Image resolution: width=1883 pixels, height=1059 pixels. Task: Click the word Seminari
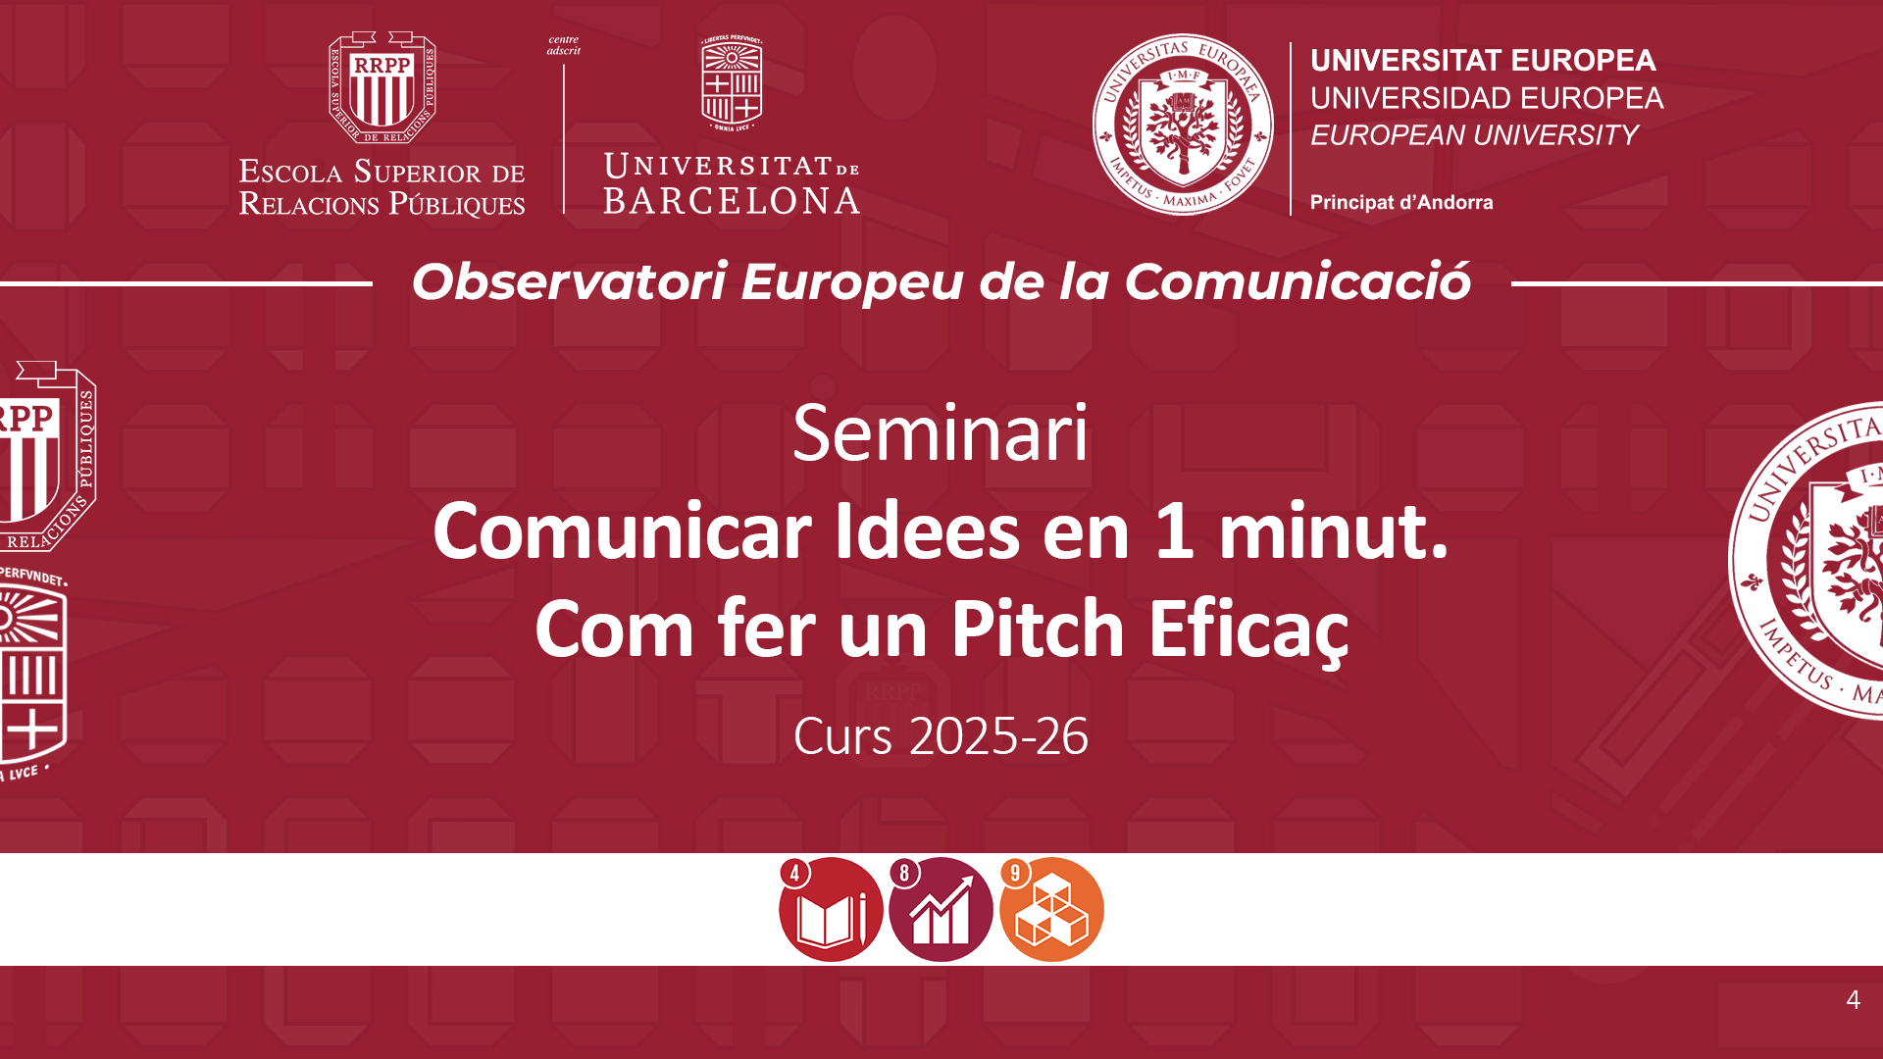941,433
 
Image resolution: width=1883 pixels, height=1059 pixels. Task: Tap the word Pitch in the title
1038,629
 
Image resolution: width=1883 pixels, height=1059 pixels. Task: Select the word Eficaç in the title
1248,632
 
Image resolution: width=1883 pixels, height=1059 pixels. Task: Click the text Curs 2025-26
941,736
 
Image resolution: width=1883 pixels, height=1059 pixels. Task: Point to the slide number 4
1853,1000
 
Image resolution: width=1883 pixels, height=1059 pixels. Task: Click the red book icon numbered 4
830,909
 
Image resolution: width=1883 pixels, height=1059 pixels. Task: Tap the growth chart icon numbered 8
941,909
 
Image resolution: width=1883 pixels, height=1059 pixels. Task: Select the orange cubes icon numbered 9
1051,909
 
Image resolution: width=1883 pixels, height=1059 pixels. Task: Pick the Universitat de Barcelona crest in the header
732,83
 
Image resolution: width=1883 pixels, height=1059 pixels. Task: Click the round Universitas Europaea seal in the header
1183,125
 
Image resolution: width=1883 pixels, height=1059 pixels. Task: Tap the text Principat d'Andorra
1401,203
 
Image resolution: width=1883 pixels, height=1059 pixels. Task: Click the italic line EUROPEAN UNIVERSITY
1474,135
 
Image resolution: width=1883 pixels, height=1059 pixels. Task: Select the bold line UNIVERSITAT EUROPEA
1483,61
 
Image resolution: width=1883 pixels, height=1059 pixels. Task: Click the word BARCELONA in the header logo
732,201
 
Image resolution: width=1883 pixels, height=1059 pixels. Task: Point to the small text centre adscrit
564,45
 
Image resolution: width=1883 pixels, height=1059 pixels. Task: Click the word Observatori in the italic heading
569,282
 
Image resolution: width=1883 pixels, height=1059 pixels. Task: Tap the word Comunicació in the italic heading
1298,282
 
